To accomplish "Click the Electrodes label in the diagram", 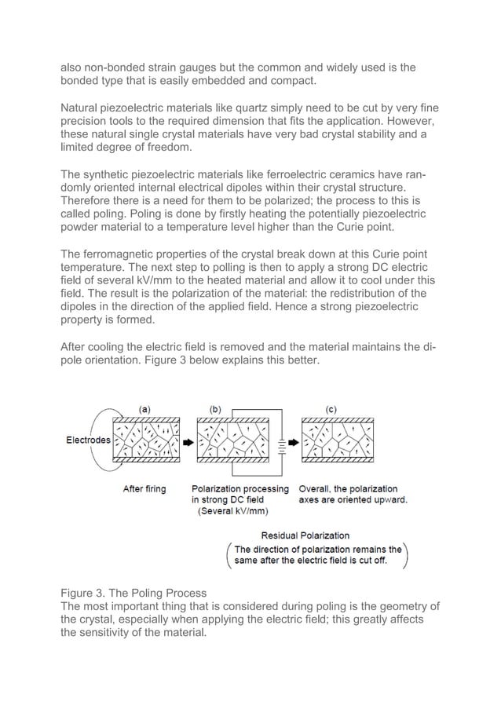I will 88,440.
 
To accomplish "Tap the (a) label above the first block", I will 145,409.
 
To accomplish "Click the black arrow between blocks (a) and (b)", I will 188,443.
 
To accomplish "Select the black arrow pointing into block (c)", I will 294,443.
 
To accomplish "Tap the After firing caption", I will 144,488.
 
